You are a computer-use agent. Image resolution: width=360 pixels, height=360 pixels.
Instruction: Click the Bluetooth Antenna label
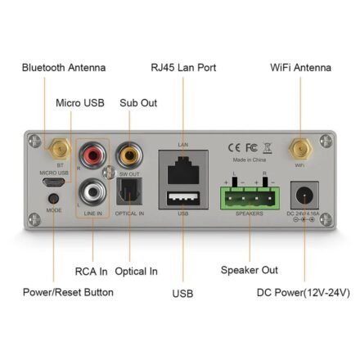(x=63, y=67)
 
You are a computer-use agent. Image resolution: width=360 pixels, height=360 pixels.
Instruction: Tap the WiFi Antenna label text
(x=300, y=67)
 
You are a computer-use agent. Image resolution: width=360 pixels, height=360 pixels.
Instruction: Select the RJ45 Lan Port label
(x=183, y=67)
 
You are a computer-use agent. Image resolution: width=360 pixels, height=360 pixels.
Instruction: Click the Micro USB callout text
(x=80, y=103)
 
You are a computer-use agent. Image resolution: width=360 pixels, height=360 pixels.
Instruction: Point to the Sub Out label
(x=138, y=103)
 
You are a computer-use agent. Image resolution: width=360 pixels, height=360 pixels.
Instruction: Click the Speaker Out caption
(x=250, y=270)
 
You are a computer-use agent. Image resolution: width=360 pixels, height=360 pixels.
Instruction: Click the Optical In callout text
(x=137, y=272)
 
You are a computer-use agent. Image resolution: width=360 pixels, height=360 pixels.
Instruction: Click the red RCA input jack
(x=92, y=153)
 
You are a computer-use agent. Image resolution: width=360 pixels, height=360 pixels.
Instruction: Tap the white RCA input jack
(x=92, y=193)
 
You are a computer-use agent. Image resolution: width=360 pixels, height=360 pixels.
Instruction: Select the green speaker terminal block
(x=249, y=196)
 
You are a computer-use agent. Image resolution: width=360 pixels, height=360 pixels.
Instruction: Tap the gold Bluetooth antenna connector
(x=58, y=149)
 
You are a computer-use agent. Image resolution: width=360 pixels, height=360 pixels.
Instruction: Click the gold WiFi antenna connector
(x=299, y=148)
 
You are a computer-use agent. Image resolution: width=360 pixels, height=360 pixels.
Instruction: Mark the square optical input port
(x=129, y=193)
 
